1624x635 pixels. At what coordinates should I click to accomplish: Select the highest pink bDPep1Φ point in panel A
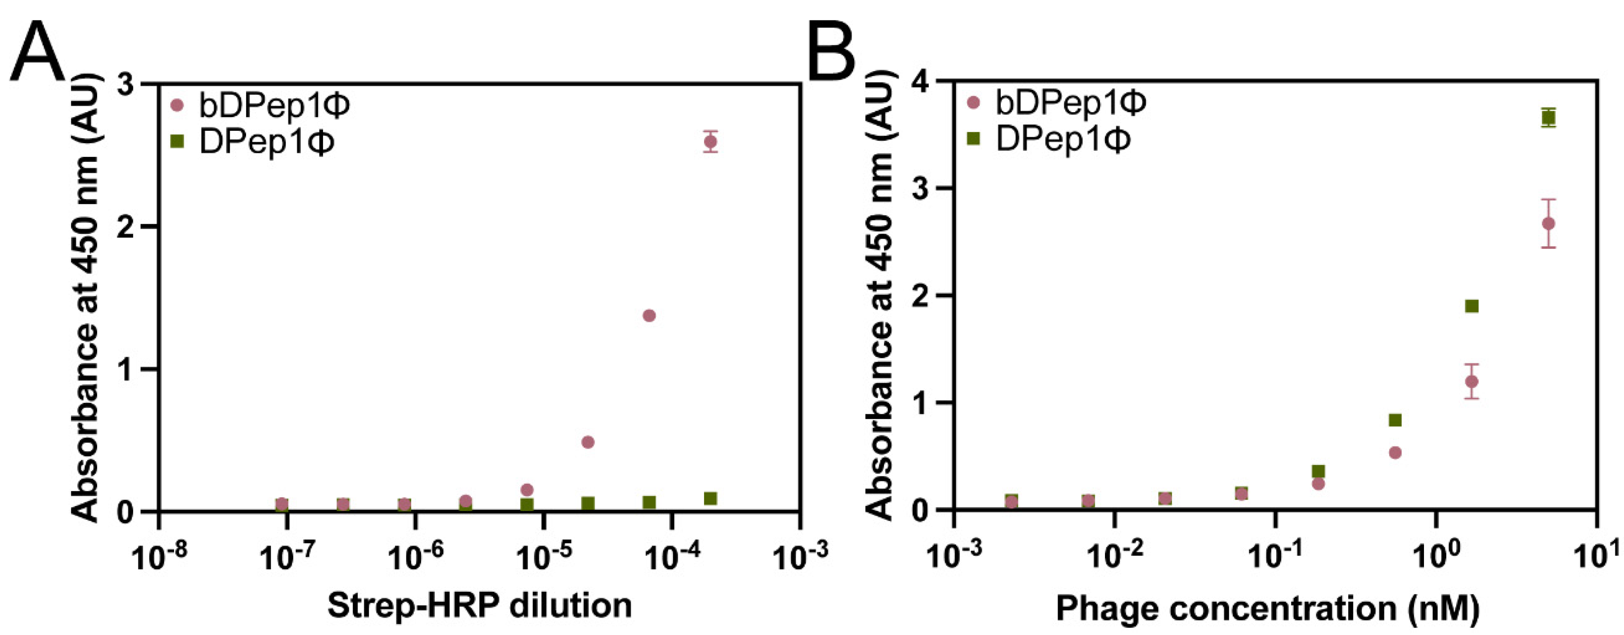coord(710,142)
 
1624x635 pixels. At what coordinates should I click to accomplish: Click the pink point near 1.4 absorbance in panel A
coord(649,315)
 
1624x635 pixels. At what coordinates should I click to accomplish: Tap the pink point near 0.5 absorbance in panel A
coord(587,442)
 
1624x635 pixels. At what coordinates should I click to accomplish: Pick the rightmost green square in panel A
coord(710,498)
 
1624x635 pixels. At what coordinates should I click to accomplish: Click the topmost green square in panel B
coord(1548,117)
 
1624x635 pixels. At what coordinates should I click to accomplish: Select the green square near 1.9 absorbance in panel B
coord(1471,306)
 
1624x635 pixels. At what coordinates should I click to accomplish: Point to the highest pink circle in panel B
coord(1548,224)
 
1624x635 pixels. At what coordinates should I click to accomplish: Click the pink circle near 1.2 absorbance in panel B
coord(1471,382)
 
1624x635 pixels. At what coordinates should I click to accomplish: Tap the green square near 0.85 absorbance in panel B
coord(1395,420)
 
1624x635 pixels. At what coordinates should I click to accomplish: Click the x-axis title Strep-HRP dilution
coord(479,606)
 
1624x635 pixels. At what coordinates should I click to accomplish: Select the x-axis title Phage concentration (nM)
coord(1267,609)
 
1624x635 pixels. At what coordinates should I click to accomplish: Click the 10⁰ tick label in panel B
coord(1437,556)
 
